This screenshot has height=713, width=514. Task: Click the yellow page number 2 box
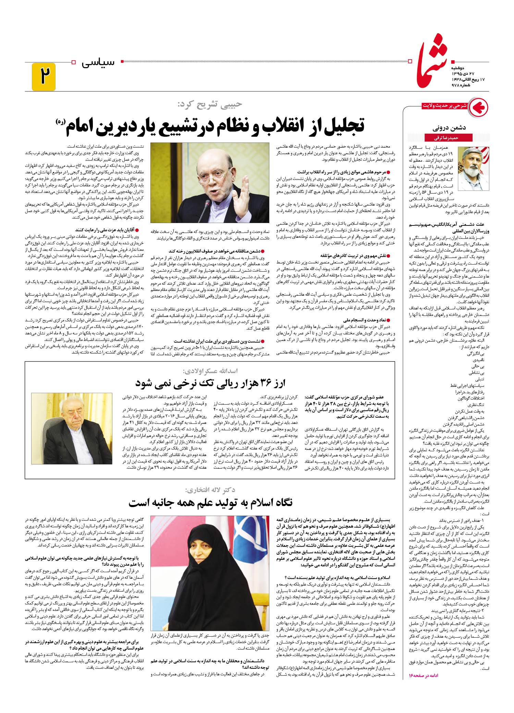coord(44,77)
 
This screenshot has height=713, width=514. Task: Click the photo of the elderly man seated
coord(72,428)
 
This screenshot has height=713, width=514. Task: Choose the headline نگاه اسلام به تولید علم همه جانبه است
coord(210,503)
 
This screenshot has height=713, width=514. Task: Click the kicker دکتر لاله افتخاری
coord(211,489)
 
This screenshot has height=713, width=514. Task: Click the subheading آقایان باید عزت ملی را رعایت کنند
coord(107,230)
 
